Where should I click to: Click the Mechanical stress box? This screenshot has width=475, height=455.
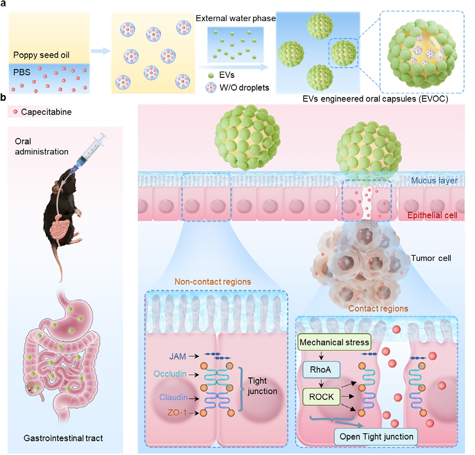click(x=334, y=342)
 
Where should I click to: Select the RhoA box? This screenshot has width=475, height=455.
click(x=321, y=369)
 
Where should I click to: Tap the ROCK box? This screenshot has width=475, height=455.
click(x=321, y=397)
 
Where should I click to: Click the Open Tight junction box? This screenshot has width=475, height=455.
click(x=376, y=437)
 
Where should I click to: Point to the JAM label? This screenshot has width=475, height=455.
click(x=178, y=356)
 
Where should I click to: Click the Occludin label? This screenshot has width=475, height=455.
click(x=170, y=374)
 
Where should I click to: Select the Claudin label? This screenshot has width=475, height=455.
click(x=174, y=397)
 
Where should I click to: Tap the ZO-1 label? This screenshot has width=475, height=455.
click(x=177, y=413)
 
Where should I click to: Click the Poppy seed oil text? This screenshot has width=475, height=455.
click(x=41, y=55)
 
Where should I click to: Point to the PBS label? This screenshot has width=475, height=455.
click(x=22, y=72)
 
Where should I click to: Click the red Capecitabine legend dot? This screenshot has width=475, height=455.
click(x=15, y=112)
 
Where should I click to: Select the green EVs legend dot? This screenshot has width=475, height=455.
click(x=211, y=75)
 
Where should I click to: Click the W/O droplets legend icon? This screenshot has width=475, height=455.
click(x=211, y=87)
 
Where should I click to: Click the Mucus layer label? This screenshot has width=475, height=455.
click(x=434, y=181)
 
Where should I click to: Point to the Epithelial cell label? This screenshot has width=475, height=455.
click(x=432, y=215)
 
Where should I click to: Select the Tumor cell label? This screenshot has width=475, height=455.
click(x=431, y=258)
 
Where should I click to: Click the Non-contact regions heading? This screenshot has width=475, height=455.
click(x=213, y=282)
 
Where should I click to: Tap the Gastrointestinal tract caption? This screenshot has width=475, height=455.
click(x=63, y=438)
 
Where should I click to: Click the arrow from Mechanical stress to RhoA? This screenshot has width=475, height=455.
click(x=321, y=356)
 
